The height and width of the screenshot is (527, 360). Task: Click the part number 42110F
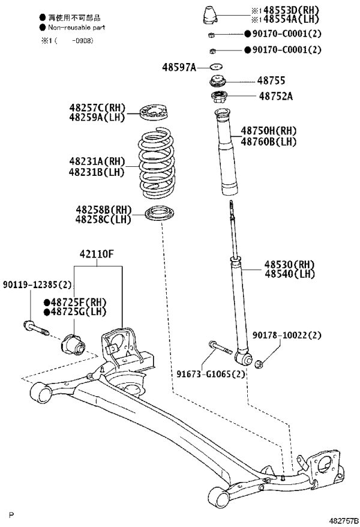(97, 254)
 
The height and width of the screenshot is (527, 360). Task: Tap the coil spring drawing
(157, 163)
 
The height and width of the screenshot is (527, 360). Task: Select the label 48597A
(179, 67)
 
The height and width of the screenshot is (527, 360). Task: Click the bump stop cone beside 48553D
(210, 15)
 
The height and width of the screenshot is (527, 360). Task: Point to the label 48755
(271, 80)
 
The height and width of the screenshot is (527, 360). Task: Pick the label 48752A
(276, 97)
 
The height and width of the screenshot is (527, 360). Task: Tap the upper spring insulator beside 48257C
(154, 114)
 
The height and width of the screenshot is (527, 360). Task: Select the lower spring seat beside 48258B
(160, 214)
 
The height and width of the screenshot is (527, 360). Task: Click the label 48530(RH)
(289, 265)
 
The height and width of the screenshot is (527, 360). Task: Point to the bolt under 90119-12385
(36, 328)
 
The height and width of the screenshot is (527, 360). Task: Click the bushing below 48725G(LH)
(73, 345)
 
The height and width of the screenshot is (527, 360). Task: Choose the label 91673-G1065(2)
(211, 374)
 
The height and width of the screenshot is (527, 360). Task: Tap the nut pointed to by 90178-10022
(259, 364)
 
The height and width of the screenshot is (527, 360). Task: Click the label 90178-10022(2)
(287, 335)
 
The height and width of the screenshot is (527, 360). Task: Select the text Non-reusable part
(77, 28)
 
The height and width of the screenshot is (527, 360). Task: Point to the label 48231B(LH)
(97, 172)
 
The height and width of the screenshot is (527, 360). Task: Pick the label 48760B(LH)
(269, 142)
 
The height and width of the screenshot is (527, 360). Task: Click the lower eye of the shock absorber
(244, 358)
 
